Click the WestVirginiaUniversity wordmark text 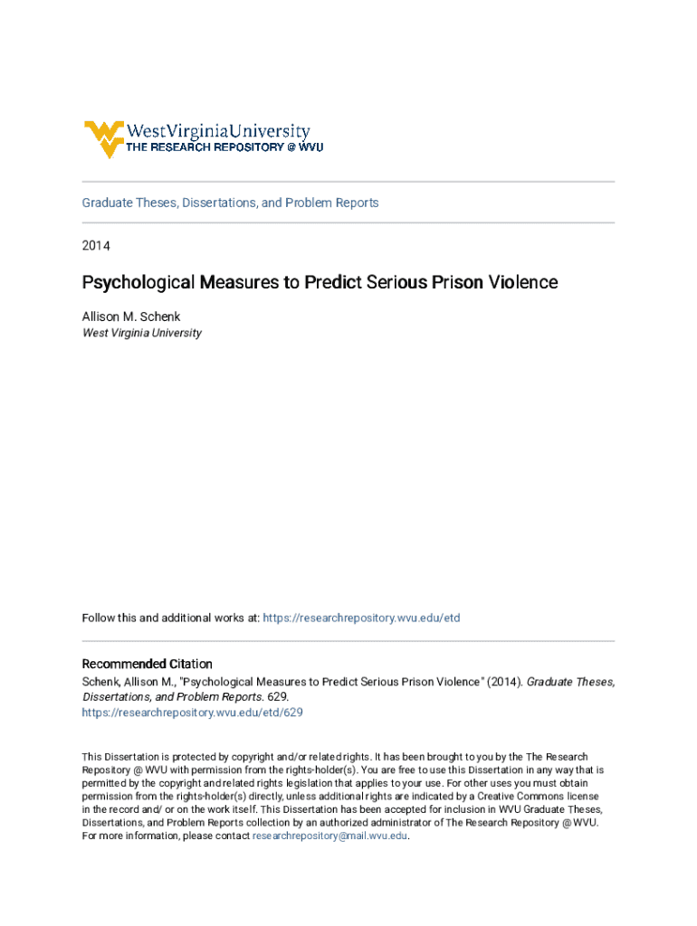click(x=217, y=132)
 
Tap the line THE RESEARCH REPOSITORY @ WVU click(x=224, y=147)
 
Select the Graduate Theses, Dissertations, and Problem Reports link click(x=230, y=203)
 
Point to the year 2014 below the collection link click(x=96, y=245)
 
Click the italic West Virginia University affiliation click(x=142, y=333)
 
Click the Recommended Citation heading click(x=148, y=664)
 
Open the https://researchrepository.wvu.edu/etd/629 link click(x=192, y=713)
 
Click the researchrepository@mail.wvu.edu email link click(x=330, y=836)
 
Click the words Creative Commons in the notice click(x=529, y=797)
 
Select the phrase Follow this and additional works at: click(x=171, y=618)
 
